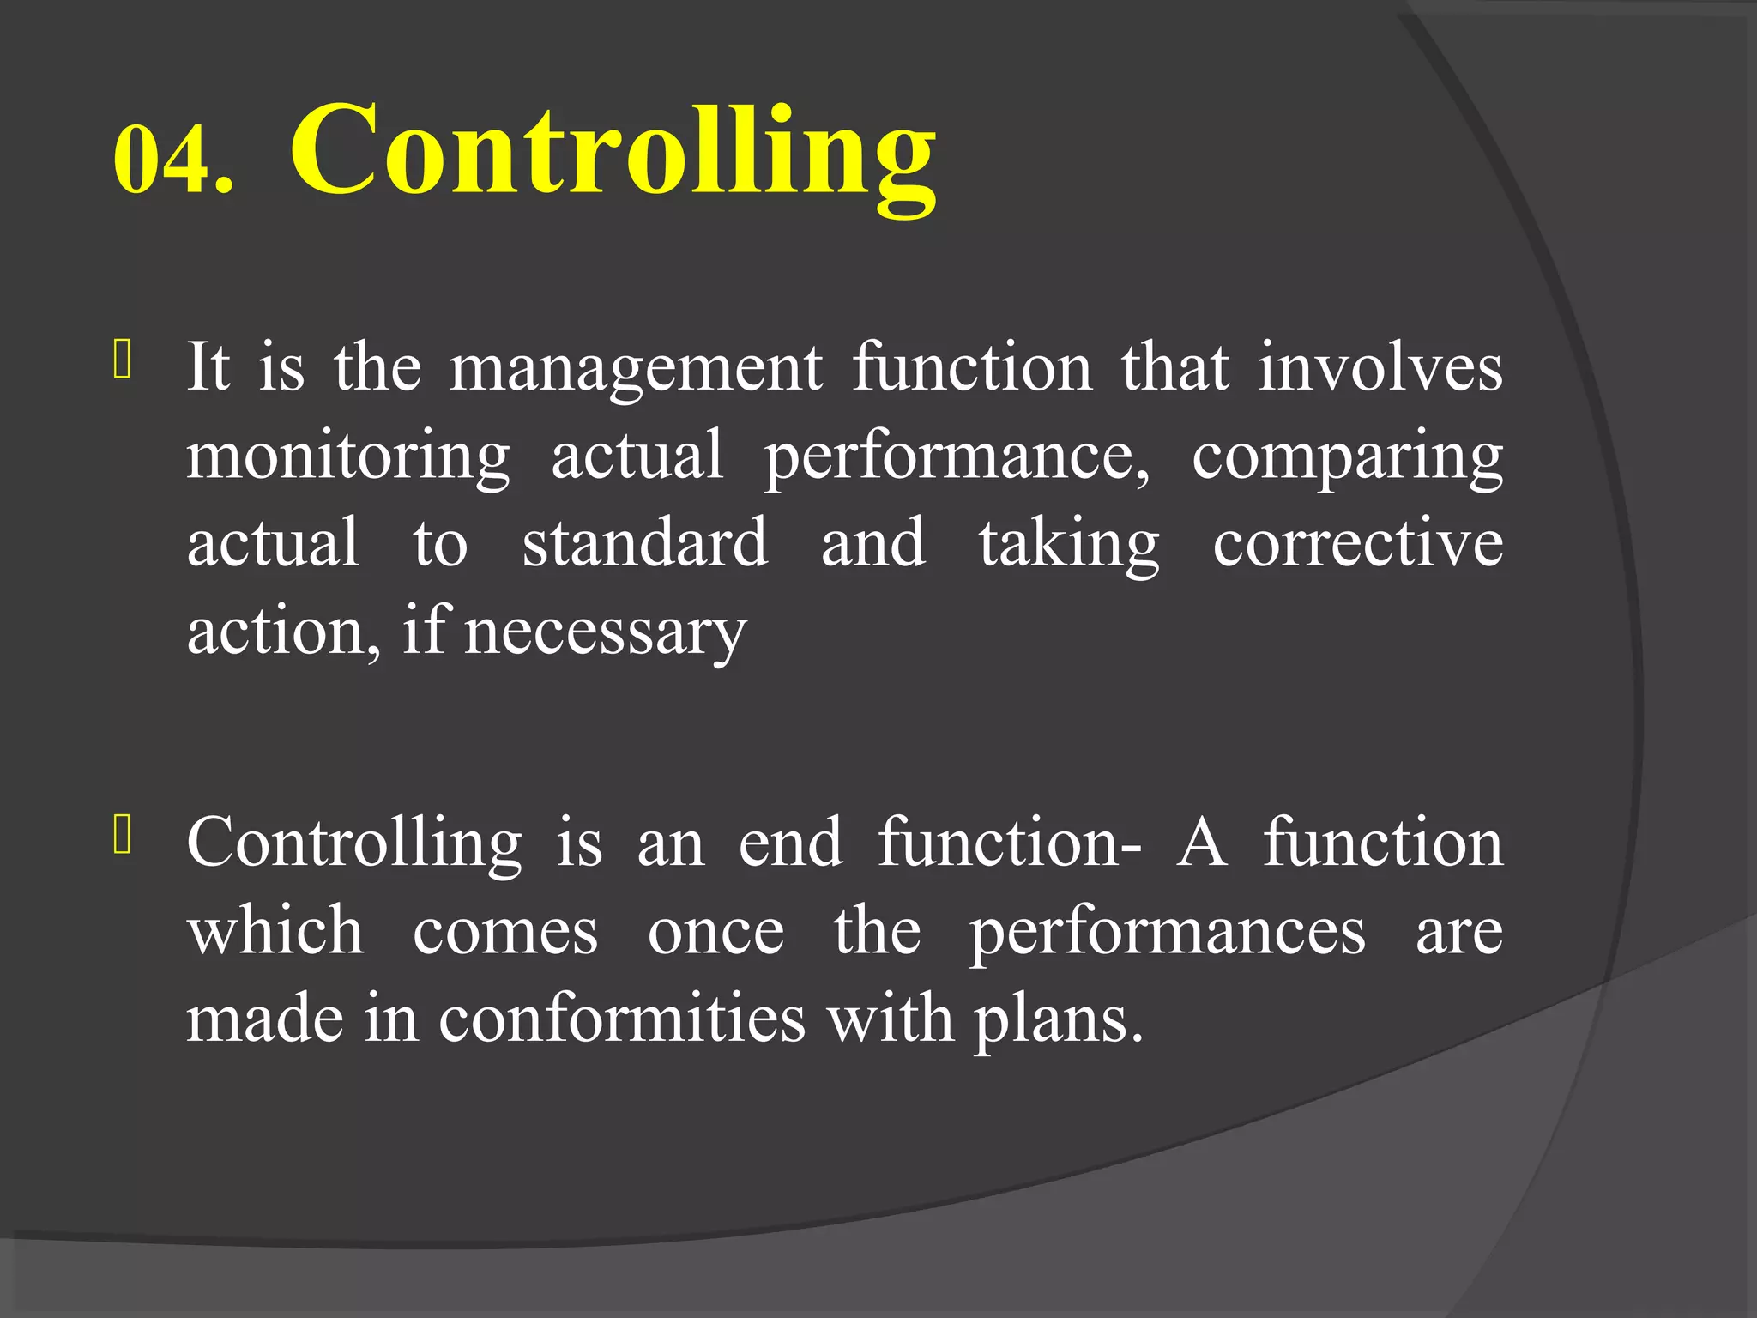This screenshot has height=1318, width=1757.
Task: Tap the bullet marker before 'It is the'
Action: pyautogui.click(x=122, y=360)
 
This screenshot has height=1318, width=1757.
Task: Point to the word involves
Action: pyautogui.click(x=1380, y=367)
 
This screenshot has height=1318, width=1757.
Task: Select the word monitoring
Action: pyautogui.click(x=348, y=457)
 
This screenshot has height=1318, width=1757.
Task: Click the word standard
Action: pyautogui.click(x=644, y=543)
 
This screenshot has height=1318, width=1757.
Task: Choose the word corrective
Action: pyautogui.click(x=1357, y=544)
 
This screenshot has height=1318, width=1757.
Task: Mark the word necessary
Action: pyautogui.click(x=605, y=633)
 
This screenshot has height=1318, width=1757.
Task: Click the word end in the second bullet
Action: pyautogui.click(x=790, y=843)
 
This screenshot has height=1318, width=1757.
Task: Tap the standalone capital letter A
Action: pyautogui.click(x=1202, y=843)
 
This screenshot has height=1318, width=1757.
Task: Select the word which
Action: pyautogui.click(x=275, y=931)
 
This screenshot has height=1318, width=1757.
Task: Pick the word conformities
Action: pyautogui.click(x=622, y=1019)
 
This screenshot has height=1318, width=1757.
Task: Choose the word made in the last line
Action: pyautogui.click(x=265, y=1019)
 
